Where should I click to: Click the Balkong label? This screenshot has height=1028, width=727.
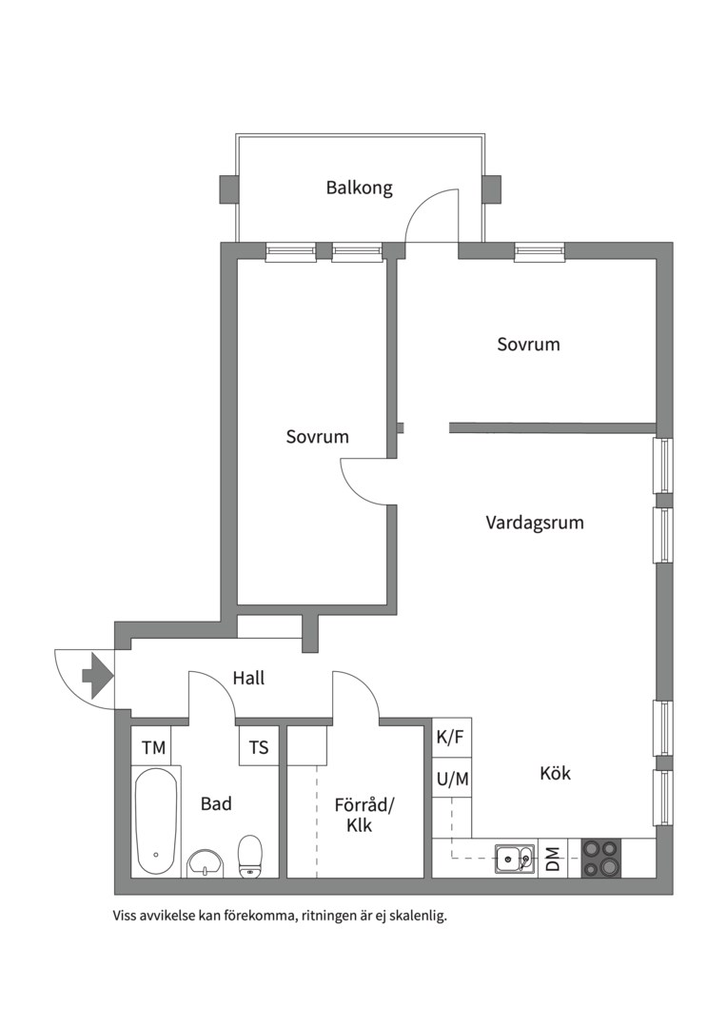point(360,188)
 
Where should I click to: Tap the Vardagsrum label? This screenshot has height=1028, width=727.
point(534,523)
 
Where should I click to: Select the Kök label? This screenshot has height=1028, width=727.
point(556,773)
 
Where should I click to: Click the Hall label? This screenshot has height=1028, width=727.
point(248,678)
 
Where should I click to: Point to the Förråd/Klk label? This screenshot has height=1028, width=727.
point(363,814)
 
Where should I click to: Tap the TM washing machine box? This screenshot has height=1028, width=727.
point(154,747)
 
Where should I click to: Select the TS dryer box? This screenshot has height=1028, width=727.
point(259,747)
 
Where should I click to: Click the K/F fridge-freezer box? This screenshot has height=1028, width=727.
point(452,738)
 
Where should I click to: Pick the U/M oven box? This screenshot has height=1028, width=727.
point(452,779)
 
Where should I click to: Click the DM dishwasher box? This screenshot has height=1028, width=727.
point(553,859)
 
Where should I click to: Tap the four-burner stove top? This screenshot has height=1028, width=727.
point(601,859)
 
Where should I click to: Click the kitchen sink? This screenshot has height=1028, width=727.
point(515,859)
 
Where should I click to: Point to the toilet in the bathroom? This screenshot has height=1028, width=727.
point(249,857)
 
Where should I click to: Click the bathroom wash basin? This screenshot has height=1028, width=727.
point(206,863)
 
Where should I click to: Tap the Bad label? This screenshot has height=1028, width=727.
point(216,803)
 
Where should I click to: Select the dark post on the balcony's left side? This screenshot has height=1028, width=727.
point(227,189)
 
